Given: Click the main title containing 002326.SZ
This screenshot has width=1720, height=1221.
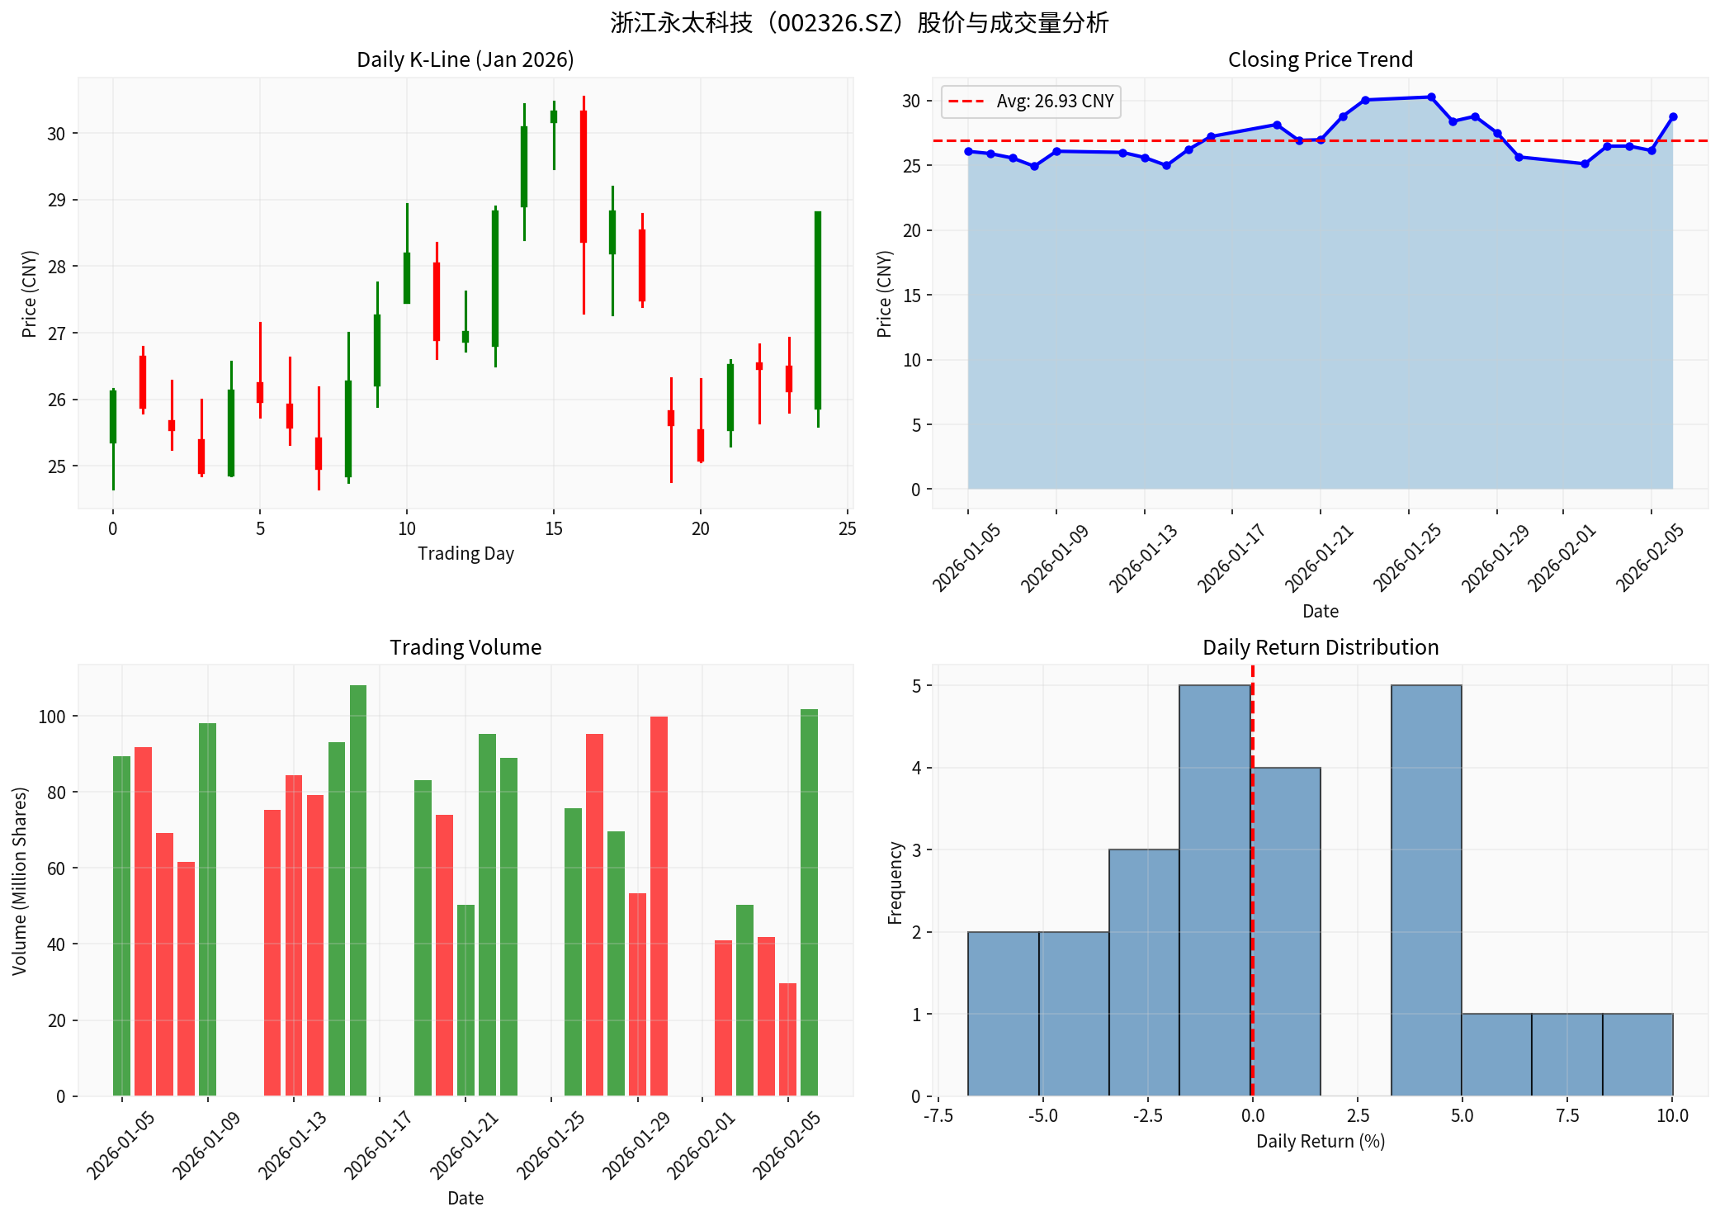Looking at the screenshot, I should [859, 23].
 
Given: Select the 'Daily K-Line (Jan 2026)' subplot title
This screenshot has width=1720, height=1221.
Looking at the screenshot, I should [465, 60].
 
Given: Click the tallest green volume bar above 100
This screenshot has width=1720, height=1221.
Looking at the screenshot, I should [358, 890].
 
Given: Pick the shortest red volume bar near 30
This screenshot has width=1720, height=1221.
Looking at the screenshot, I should [787, 1039].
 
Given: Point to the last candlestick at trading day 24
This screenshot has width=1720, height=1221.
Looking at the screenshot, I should [818, 310].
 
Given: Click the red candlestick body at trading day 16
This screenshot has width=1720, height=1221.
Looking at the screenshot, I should [584, 177].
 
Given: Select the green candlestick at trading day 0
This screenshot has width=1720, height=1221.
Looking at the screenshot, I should [113, 417].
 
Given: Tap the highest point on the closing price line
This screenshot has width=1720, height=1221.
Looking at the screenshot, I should [1431, 97].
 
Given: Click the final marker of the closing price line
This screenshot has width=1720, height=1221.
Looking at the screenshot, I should [1673, 117].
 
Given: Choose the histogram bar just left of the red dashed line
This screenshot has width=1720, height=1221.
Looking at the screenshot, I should [1215, 890].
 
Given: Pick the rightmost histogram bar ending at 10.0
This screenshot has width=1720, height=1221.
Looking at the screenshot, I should [1637, 1054].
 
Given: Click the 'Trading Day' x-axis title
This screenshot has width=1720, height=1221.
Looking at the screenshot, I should [465, 554].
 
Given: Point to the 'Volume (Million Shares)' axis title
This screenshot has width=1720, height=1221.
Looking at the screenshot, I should [20, 881].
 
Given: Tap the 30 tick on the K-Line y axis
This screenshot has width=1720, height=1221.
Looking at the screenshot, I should [56, 134].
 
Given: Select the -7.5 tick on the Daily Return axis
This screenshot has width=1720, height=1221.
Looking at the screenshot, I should [938, 1116].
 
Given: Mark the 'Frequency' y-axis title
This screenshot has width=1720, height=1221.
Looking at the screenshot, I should [895, 883].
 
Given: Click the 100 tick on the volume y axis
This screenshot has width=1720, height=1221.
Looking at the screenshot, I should [52, 717].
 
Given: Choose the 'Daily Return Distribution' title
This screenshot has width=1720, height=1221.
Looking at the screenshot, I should [1320, 647].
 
